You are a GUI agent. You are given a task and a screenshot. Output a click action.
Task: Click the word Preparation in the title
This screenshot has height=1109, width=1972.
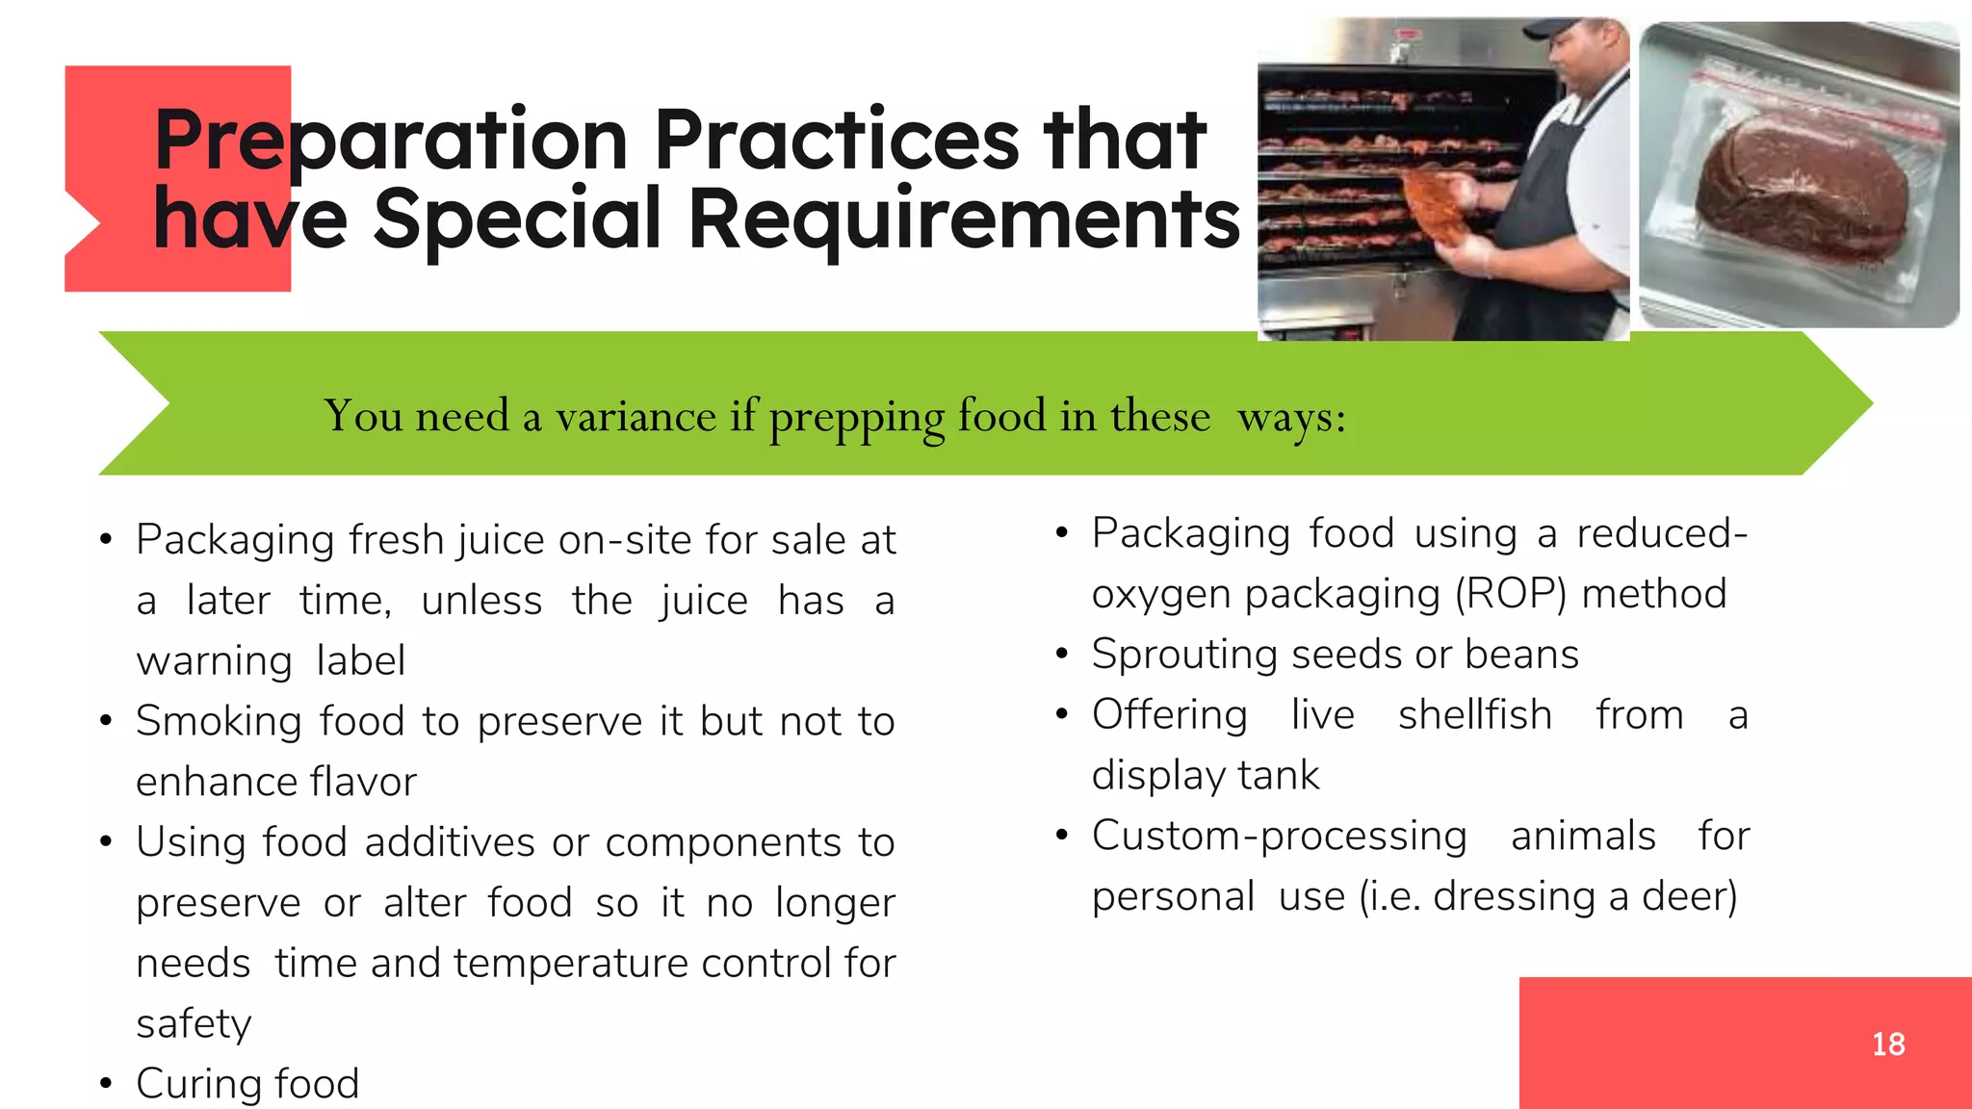click(391, 142)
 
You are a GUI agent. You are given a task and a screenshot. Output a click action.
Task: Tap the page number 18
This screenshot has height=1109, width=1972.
click(1888, 1044)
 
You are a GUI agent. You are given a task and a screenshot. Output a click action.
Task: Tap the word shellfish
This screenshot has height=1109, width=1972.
click(1474, 715)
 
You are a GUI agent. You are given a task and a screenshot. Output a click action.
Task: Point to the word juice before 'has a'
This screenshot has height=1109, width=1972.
click(704, 601)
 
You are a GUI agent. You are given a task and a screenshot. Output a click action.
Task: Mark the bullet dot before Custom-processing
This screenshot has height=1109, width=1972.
click(1061, 835)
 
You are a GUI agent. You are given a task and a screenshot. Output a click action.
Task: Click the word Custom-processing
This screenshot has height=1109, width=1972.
click(1279, 836)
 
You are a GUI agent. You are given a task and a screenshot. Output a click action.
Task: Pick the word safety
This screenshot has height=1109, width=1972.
click(194, 1024)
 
